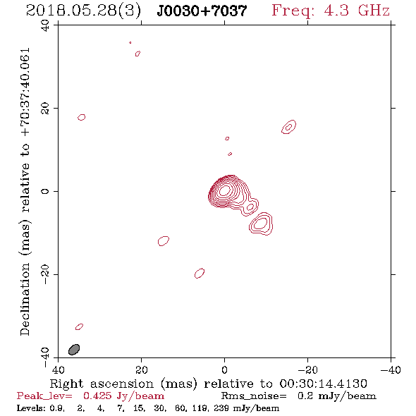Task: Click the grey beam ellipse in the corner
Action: click(74, 350)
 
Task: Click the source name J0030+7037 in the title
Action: click(202, 11)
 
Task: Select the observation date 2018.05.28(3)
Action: click(83, 11)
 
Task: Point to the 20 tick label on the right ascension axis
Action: click(141, 370)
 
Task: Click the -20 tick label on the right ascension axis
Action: click(307, 370)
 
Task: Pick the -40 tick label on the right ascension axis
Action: click(391, 370)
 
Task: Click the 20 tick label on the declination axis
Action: click(45, 109)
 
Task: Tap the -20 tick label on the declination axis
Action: click(45, 274)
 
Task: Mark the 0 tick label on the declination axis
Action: click(45, 191)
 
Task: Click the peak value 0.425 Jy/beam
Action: click(123, 396)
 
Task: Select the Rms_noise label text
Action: click(254, 396)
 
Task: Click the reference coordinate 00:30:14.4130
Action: click(323, 384)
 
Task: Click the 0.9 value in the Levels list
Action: click(57, 408)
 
